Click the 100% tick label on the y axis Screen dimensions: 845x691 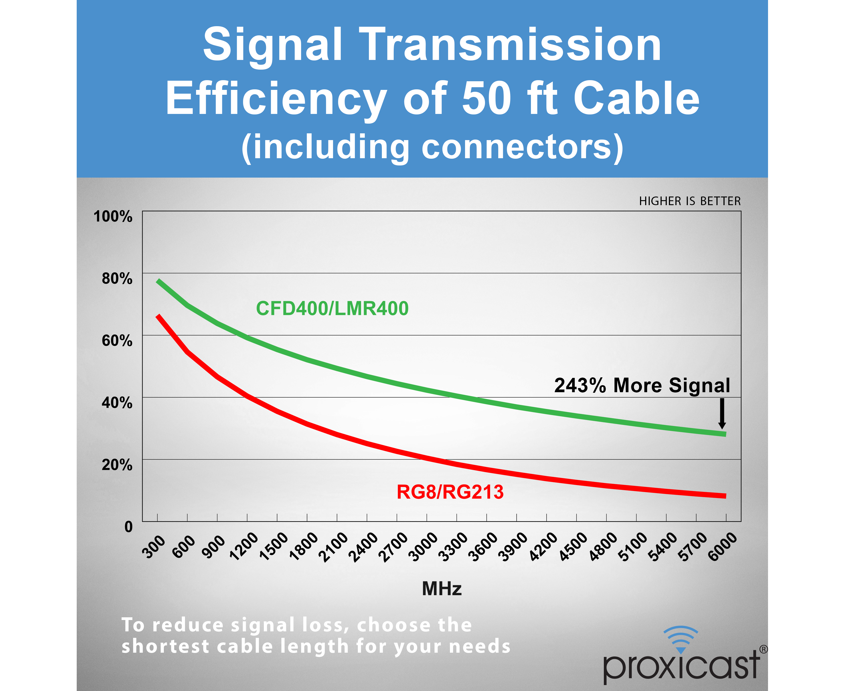coord(113,216)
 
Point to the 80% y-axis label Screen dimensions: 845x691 coord(117,278)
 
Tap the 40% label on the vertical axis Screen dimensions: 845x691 coord(117,402)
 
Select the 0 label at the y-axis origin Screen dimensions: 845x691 coord(128,527)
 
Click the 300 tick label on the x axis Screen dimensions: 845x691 coord(154,547)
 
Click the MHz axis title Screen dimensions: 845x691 coord(442,589)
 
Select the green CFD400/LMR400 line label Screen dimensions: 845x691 coord(332,309)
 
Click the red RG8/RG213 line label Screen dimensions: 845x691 coord(450,492)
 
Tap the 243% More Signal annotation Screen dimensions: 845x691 coord(642,385)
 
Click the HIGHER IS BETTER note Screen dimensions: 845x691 coord(690,201)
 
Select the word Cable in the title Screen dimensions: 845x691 coord(636,98)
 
